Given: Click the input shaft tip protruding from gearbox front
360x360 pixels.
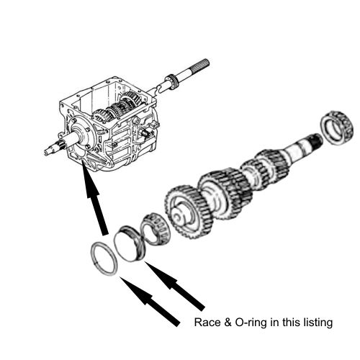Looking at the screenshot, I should point(52,150).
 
